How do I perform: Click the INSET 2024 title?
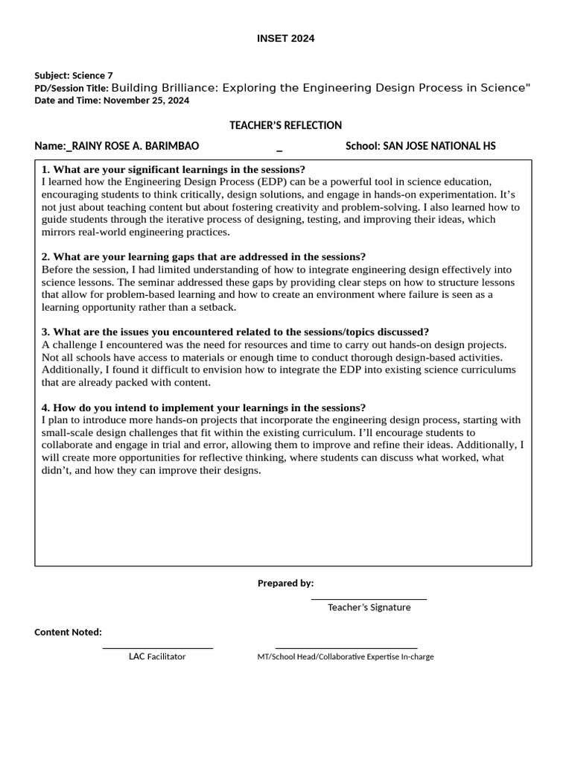point(286,39)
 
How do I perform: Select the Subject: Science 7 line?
point(74,75)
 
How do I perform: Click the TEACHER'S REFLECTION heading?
point(285,125)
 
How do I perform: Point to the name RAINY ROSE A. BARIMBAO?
point(136,146)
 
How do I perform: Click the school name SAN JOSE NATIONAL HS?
point(439,146)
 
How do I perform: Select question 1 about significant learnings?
point(174,169)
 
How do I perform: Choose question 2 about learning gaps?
point(203,256)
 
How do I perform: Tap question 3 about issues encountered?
point(235,332)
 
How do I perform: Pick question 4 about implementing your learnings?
point(203,408)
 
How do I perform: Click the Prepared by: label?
point(285,583)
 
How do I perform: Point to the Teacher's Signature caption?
point(369,607)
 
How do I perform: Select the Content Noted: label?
point(68,632)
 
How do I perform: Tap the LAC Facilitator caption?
point(157,656)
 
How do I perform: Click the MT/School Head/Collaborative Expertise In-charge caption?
point(346,656)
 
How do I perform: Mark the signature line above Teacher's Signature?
point(369,598)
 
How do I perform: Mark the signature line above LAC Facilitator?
point(157,648)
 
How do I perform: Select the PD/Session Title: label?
point(71,88)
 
